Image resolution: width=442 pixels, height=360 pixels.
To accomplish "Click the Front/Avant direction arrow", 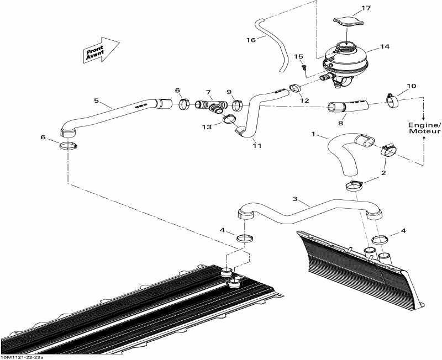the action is (101, 50).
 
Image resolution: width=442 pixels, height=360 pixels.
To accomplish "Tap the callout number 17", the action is (366, 8).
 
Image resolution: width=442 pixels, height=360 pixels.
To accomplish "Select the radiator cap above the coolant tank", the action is (348, 22).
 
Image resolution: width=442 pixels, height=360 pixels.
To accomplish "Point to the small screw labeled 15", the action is (304, 67).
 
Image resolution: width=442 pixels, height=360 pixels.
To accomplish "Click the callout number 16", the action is (251, 40).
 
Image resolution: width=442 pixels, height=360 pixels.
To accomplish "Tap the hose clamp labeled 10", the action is (392, 100).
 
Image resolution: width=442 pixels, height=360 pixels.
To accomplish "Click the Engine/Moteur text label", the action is (424, 128).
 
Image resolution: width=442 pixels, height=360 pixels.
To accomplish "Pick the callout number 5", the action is (96, 100).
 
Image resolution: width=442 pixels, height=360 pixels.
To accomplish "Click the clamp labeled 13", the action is (229, 119).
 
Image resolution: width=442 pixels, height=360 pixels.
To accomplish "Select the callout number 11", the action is (257, 146).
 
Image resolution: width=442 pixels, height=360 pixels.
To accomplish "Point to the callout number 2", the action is (383, 173).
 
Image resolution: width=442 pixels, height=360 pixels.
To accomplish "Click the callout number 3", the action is (295, 199).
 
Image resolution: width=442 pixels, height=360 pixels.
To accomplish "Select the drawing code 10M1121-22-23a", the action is (22, 357).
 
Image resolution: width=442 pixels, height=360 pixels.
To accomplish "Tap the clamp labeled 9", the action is (237, 105).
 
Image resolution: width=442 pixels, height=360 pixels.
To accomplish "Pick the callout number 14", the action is (385, 46).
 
